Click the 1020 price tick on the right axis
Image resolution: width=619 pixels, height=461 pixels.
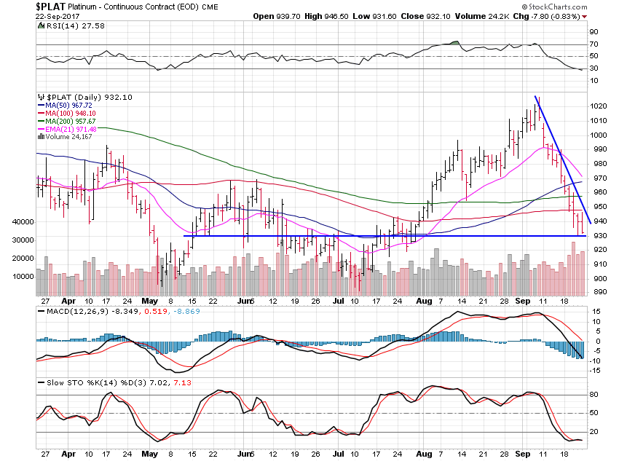[599, 106]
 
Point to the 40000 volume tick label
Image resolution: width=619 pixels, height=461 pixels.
[17, 221]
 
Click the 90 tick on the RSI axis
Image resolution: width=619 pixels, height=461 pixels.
[594, 32]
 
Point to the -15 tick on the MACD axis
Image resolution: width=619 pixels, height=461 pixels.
[595, 371]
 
